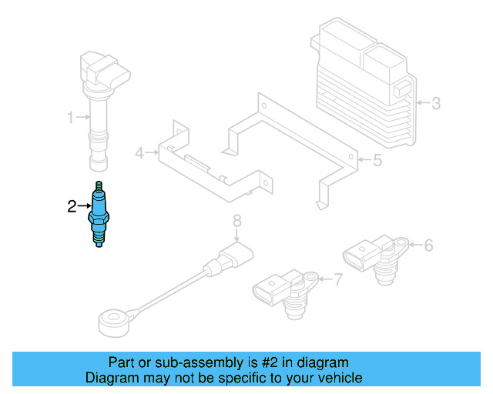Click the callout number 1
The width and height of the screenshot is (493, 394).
(x=70, y=118)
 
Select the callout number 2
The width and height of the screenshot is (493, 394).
(x=72, y=206)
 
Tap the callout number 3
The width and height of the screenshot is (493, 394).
(x=436, y=102)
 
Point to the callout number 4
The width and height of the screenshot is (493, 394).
(x=139, y=153)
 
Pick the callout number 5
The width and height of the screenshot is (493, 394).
(x=377, y=161)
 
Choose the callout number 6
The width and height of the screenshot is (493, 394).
(x=428, y=245)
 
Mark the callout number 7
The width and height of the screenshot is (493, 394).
(x=337, y=279)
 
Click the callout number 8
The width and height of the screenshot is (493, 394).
(x=237, y=222)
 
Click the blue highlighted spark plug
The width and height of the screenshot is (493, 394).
(x=98, y=215)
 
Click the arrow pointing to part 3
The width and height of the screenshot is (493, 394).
(x=421, y=102)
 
